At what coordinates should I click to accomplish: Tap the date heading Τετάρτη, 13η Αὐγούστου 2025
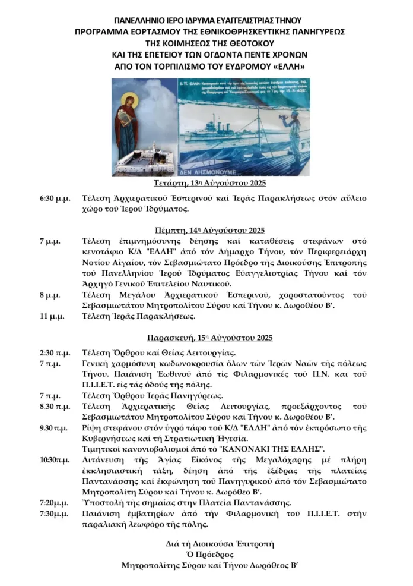click(206, 182)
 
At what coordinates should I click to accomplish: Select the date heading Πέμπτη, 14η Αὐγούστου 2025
click(206, 230)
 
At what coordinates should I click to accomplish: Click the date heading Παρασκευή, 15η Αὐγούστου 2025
click(206, 338)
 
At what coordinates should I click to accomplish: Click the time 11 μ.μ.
click(52, 316)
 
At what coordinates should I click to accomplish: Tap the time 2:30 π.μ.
click(53, 352)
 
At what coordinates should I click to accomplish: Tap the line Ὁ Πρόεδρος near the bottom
click(206, 554)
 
